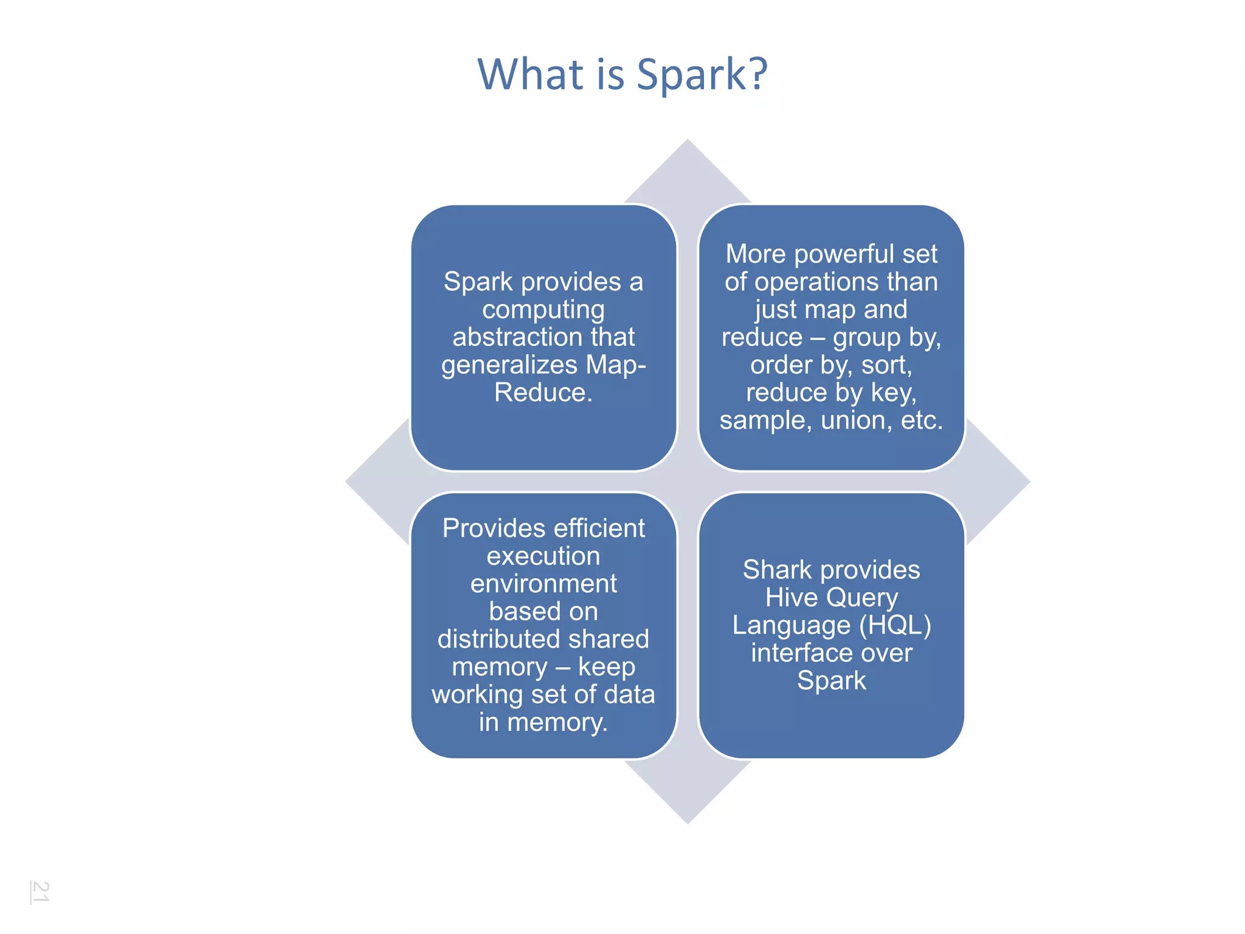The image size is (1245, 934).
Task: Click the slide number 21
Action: (x=40, y=891)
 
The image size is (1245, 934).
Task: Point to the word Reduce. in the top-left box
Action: (x=543, y=392)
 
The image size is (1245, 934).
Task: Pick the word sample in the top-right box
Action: (x=765, y=421)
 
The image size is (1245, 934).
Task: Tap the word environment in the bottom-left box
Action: (x=543, y=584)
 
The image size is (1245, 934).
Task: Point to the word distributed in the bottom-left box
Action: (x=490, y=639)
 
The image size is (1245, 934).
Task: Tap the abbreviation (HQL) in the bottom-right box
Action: (x=895, y=625)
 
